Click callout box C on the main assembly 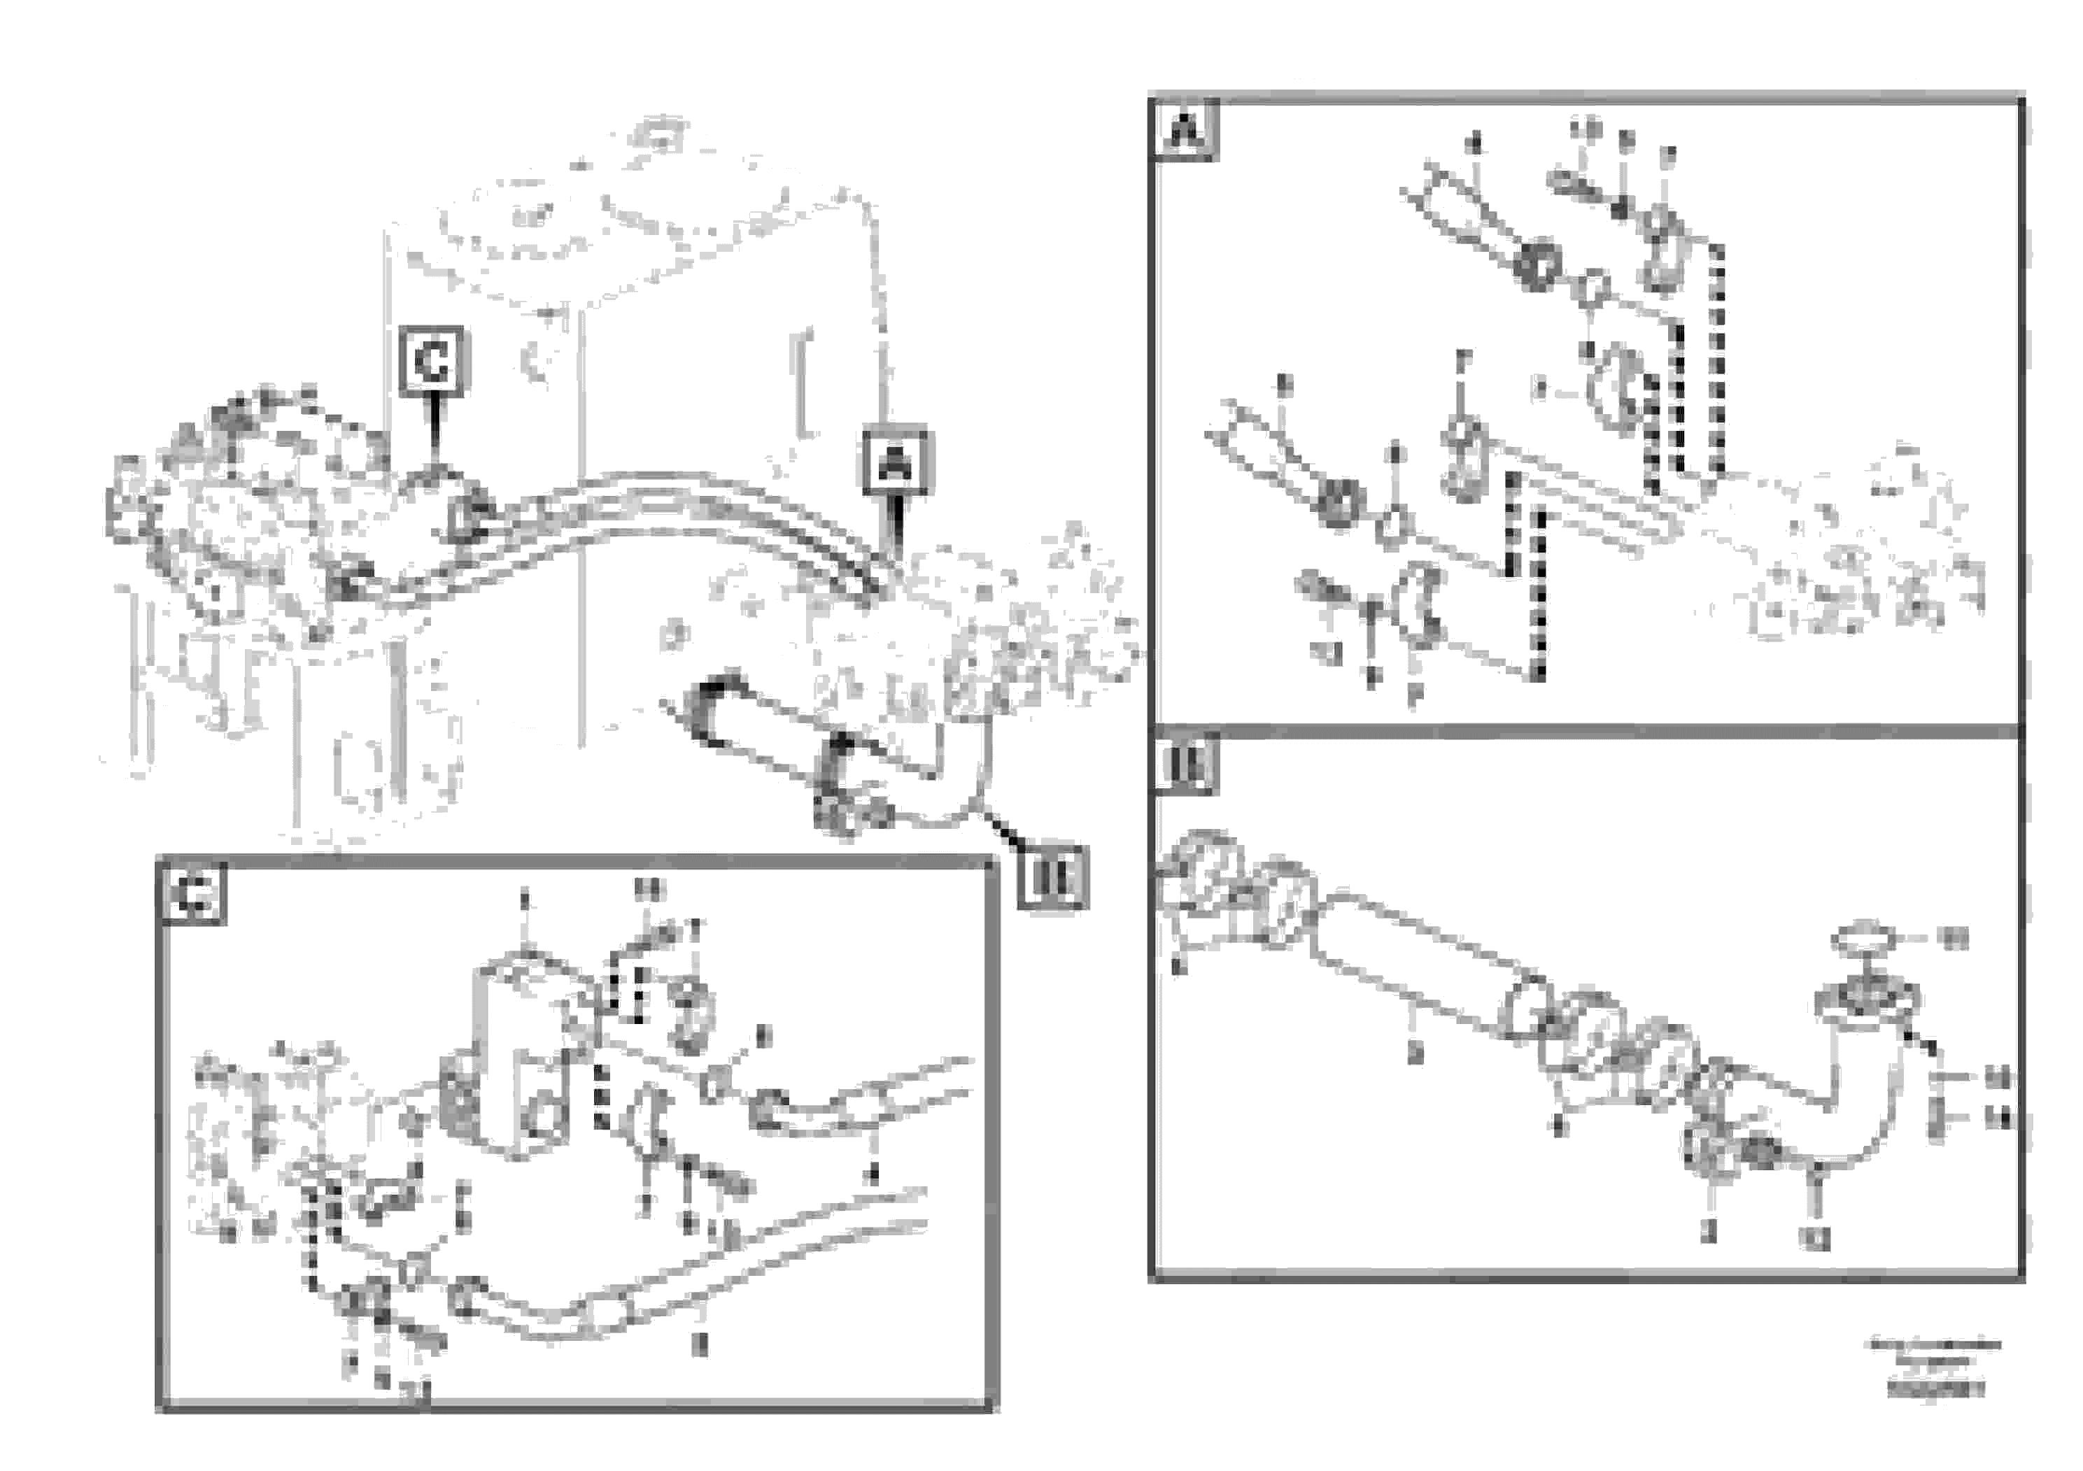pyautogui.click(x=432, y=361)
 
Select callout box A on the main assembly pyautogui.click(x=896, y=464)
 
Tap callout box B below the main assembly pyautogui.click(x=1052, y=876)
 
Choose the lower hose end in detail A pyautogui.click(x=1252, y=444)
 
